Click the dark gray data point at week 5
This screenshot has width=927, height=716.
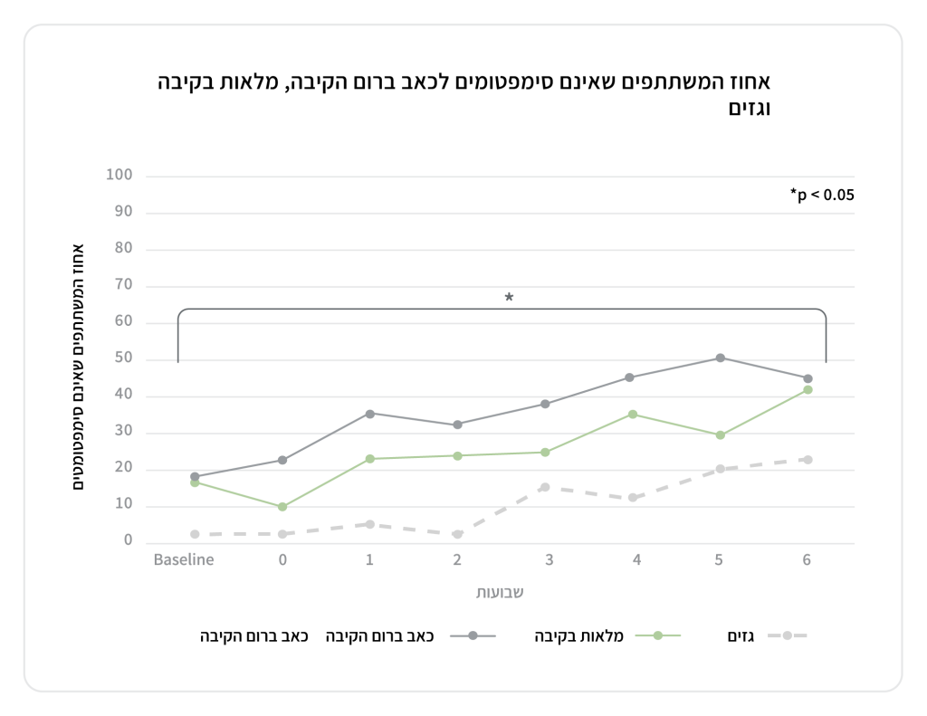[720, 358]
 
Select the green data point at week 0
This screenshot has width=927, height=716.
[282, 507]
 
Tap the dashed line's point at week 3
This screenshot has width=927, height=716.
[545, 487]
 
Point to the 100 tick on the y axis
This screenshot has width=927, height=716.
[119, 175]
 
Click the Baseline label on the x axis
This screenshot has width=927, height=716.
[184, 559]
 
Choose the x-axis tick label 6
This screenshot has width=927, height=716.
[807, 559]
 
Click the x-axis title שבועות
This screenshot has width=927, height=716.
[501, 593]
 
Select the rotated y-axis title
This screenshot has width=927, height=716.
[79, 366]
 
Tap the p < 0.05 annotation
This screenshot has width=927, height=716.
[822, 194]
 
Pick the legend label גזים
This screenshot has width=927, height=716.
[742, 635]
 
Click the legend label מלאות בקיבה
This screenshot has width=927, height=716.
[588, 635]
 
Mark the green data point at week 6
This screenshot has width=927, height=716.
[808, 390]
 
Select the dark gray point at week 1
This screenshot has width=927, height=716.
[369, 414]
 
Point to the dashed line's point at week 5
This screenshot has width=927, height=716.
[720, 469]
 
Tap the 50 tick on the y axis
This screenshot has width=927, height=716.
[123, 358]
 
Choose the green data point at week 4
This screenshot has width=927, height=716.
[633, 415]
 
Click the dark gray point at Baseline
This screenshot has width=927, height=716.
[195, 477]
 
